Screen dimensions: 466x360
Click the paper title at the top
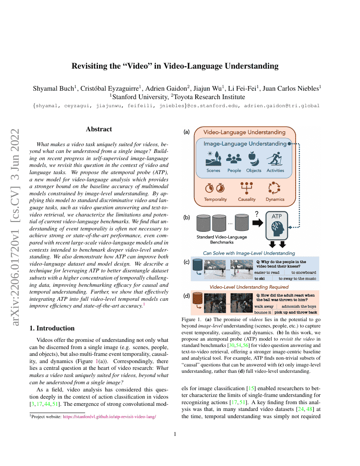click(x=175, y=66)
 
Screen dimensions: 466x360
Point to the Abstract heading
click(x=99, y=129)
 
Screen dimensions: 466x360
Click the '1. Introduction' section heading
click(x=52, y=328)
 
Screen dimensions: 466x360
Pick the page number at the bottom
click(x=175, y=434)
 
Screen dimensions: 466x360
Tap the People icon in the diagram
click(x=234, y=158)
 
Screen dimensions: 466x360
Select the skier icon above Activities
click(x=275, y=159)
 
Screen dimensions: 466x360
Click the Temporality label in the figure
click(x=215, y=199)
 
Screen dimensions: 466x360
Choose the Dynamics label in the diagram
click(x=275, y=199)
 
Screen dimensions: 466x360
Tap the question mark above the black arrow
click(x=256, y=214)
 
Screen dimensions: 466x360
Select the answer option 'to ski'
click(x=260, y=279)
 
